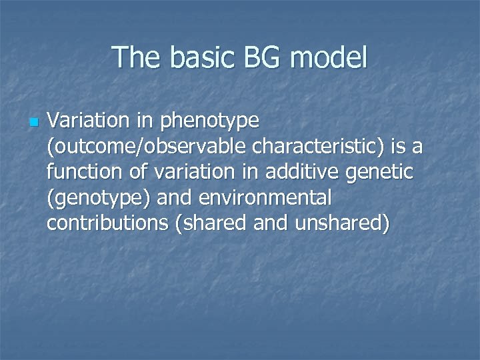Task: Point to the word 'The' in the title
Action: pos(137,58)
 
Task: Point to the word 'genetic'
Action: pos(383,172)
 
